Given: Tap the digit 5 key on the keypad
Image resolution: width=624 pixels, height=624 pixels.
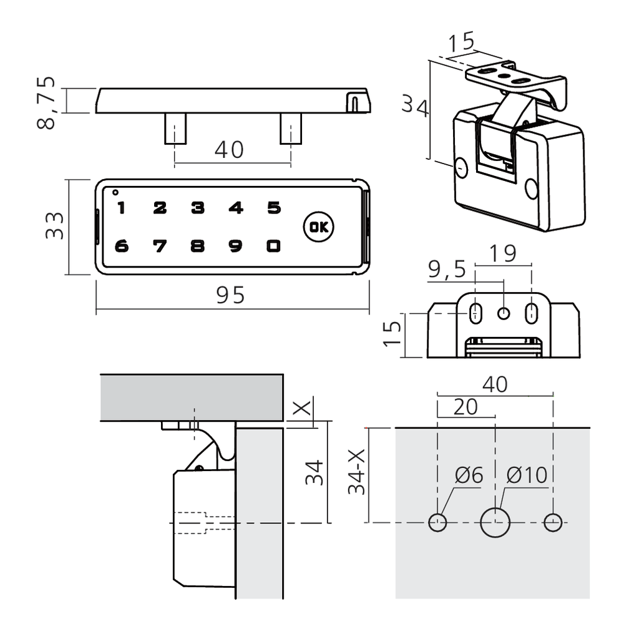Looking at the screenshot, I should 273,208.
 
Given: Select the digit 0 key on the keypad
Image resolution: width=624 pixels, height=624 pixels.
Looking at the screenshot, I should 273,246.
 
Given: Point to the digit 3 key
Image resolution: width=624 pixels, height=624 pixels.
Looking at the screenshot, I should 198,208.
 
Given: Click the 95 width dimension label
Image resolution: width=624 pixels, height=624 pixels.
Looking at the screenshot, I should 232,295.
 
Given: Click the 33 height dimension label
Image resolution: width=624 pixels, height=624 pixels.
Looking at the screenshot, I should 55,226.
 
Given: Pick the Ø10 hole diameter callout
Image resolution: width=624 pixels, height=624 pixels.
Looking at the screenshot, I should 527,475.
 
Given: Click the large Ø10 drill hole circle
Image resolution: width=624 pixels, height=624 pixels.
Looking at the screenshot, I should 495,522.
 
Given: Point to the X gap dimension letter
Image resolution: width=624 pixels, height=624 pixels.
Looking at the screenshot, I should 301,409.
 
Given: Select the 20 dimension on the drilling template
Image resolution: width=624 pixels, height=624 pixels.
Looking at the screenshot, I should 465,407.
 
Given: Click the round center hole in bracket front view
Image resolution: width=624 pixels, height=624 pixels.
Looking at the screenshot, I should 504,312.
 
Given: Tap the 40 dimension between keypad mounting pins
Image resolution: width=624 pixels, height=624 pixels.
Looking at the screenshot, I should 228,150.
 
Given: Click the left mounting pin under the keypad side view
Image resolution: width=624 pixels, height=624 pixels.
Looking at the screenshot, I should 174,128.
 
